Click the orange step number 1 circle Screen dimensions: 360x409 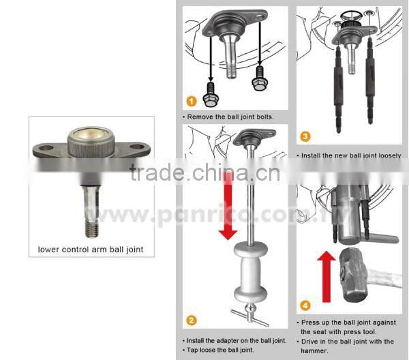pos(192,101)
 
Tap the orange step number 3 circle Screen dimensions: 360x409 pos(305,136)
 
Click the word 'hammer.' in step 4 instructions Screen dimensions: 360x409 pos(316,350)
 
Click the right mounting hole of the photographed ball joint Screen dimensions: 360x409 pos(136,147)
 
